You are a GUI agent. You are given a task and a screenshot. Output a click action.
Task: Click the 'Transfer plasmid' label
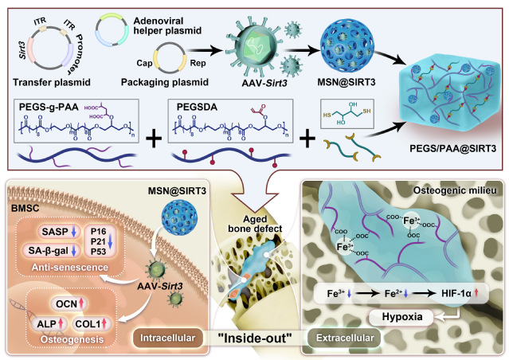52,82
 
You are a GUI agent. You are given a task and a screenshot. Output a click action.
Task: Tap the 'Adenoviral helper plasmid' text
167,25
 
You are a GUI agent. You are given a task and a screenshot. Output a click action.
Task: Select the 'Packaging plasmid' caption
165,82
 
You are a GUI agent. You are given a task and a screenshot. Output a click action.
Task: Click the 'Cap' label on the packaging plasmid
144,63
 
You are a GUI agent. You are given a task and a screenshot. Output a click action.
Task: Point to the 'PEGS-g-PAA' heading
49,107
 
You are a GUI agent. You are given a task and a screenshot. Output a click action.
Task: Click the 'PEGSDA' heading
197,107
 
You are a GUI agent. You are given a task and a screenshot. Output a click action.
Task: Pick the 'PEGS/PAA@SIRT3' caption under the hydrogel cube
452,148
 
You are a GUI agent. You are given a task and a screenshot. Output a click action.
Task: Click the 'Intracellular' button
168,338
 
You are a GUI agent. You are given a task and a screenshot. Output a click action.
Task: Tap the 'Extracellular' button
345,338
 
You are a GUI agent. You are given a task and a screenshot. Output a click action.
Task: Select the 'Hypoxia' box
402,316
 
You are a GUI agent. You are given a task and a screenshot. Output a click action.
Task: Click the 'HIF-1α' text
456,293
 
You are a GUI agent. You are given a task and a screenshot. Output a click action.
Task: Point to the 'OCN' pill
69,303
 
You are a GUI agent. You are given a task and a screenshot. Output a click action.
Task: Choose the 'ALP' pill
49,323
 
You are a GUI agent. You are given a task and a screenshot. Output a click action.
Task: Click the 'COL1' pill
92,323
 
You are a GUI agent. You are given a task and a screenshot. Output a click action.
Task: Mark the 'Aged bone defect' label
255,224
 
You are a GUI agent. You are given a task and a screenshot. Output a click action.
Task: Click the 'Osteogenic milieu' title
455,190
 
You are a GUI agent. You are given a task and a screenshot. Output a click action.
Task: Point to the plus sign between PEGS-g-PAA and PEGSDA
154,139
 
